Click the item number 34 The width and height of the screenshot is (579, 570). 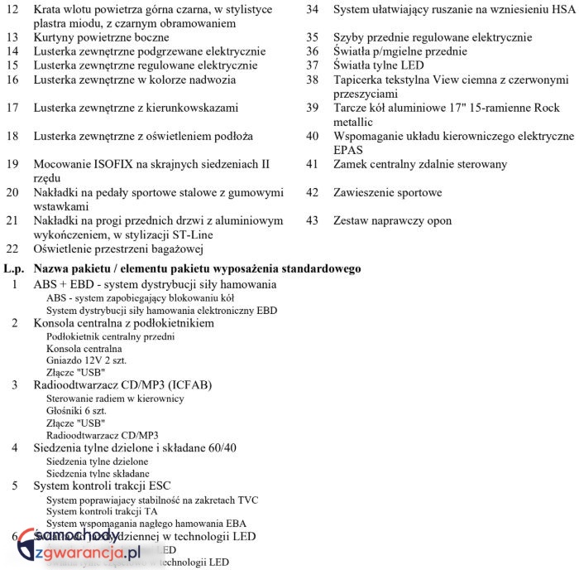(313, 10)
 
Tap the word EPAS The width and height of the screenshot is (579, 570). (348, 150)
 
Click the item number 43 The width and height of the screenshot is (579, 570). (313, 220)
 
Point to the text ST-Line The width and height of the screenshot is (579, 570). (190, 234)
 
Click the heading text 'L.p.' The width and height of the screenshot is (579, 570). (15, 268)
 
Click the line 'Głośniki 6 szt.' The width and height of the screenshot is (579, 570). (81, 410)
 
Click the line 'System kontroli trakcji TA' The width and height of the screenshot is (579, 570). (102, 511)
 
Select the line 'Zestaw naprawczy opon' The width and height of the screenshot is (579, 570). (392, 220)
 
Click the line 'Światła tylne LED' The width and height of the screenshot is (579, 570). (379, 65)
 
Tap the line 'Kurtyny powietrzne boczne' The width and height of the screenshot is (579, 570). (101, 37)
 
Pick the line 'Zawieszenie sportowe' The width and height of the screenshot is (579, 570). (387, 192)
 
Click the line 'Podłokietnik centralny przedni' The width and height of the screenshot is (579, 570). (110, 336)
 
